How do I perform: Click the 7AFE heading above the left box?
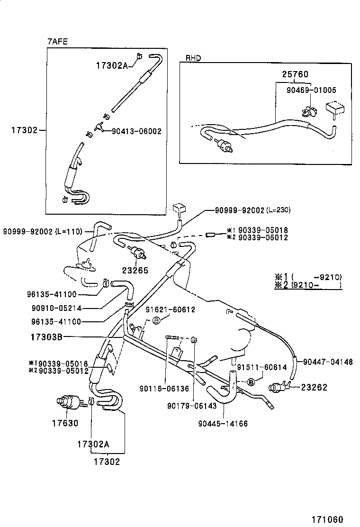[57, 42]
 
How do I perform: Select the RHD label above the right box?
[193, 58]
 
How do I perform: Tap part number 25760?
[295, 74]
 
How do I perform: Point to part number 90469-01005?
[311, 90]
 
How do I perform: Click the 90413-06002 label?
[136, 131]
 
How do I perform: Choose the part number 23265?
[136, 271]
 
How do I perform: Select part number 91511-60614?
[262, 367]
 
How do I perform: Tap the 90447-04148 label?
[328, 362]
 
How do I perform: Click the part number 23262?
[315, 387]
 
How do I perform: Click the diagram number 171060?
[326, 519]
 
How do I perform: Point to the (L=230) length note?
[278, 210]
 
